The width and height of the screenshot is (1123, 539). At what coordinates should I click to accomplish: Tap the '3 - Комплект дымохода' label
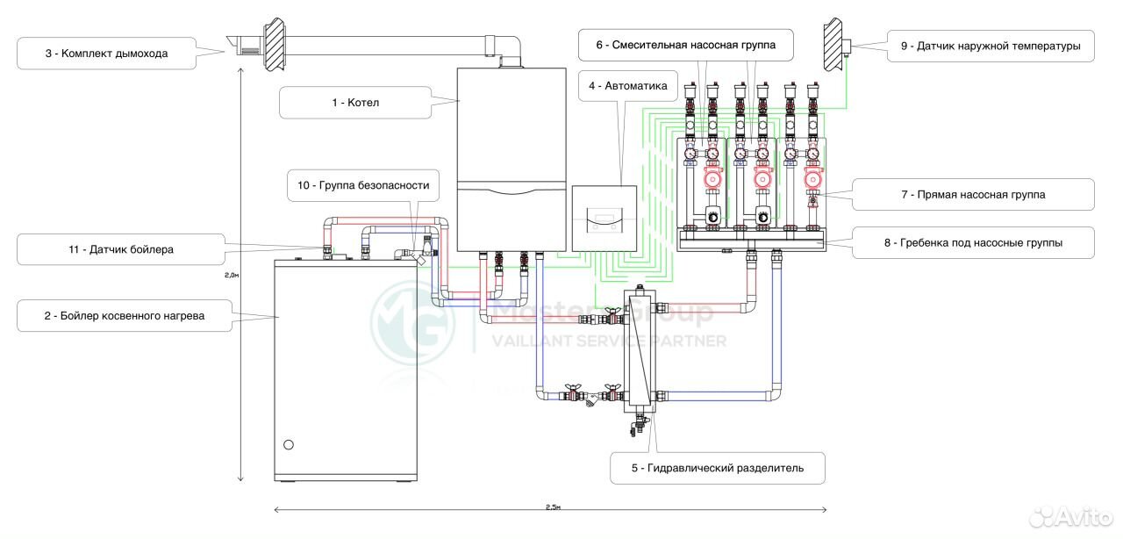[105, 54]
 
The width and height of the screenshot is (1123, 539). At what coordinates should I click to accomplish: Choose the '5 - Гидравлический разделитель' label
[718, 468]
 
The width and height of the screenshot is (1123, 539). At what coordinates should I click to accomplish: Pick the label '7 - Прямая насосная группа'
[973, 194]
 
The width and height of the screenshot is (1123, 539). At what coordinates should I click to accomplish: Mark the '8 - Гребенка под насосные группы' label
[973, 243]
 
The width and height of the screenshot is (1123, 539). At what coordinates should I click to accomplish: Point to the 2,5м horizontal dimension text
[553, 507]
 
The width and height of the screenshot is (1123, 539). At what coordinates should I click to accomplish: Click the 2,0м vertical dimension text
[229, 274]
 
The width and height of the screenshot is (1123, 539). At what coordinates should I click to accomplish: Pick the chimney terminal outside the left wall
[245, 44]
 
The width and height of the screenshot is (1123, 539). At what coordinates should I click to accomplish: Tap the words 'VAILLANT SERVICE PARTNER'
[609, 341]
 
